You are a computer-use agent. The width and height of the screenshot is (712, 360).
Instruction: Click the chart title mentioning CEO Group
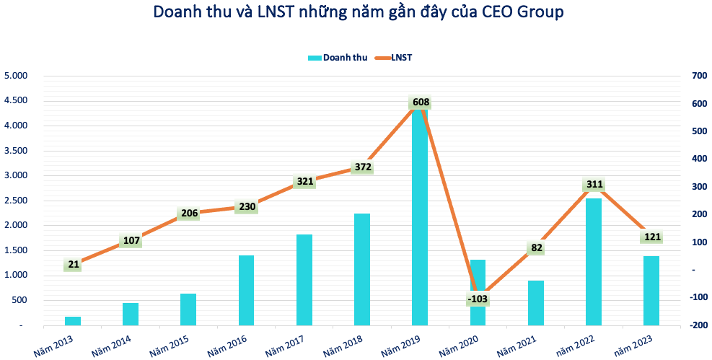click(358, 12)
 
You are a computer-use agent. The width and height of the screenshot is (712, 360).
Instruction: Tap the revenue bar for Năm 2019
click(420, 216)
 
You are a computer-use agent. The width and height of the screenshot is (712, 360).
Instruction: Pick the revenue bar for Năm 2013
click(73, 320)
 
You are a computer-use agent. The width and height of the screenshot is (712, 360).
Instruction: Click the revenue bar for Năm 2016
click(246, 290)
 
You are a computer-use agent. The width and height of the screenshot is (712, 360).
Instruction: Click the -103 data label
click(478, 298)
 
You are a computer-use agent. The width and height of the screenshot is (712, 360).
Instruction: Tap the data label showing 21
click(73, 265)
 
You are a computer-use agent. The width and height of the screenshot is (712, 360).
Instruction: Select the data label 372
click(362, 167)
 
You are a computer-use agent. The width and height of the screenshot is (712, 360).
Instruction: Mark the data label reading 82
click(535, 248)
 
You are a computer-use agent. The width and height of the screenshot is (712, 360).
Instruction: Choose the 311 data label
click(593, 184)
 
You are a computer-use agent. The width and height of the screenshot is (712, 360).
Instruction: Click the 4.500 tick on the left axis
click(16, 100)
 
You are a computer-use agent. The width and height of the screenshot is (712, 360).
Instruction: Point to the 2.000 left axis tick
click(16, 225)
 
